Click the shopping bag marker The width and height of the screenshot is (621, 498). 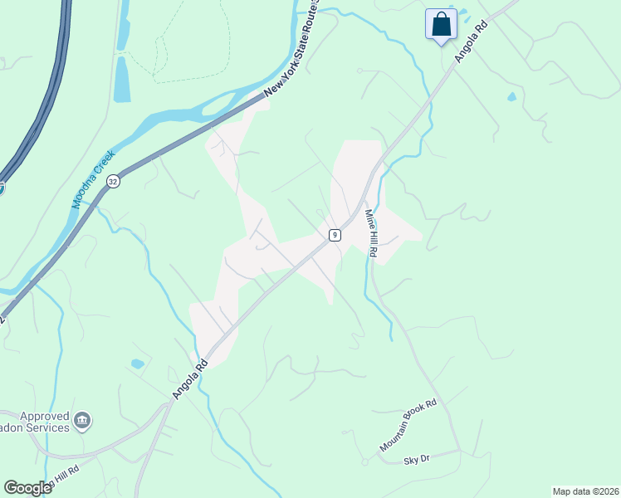coord(440,24)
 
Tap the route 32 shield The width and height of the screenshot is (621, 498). coord(113,181)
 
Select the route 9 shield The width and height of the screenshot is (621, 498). coord(334,235)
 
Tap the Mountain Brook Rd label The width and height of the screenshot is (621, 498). coord(408,425)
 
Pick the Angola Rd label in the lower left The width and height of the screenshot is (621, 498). coord(189,378)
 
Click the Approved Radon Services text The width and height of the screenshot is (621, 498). coord(38,422)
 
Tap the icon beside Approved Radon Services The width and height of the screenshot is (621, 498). coord(82,422)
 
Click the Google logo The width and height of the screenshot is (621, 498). coord(27,488)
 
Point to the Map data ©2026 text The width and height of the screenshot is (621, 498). coord(584,491)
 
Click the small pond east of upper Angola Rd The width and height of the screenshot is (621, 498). coord(511,97)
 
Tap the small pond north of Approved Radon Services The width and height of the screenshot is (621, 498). coord(137,364)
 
